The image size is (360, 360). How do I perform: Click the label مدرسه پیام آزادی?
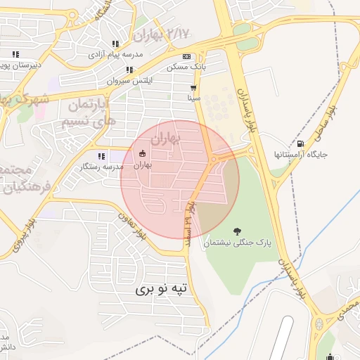pyautogui.click(x=115, y=53)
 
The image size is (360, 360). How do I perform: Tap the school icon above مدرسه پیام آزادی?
pyautogui.click(x=115, y=44)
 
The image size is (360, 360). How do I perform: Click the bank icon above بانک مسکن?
pyautogui.click(x=186, y=57)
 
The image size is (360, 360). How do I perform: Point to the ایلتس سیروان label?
pyautogui.click(x=129, y=80)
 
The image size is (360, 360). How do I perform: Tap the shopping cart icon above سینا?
pyautogui.click(x=193, y=89)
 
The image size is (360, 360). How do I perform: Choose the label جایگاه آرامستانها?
pyautogui.click(x=300, y=154)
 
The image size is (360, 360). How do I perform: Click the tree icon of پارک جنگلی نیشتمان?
pyautogui.click(x=236, y=231)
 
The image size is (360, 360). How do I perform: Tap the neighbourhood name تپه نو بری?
pyautogui.click(x=162, y=288)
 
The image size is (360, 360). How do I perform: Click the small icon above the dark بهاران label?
pyautogui.click(x=143, y=154)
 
